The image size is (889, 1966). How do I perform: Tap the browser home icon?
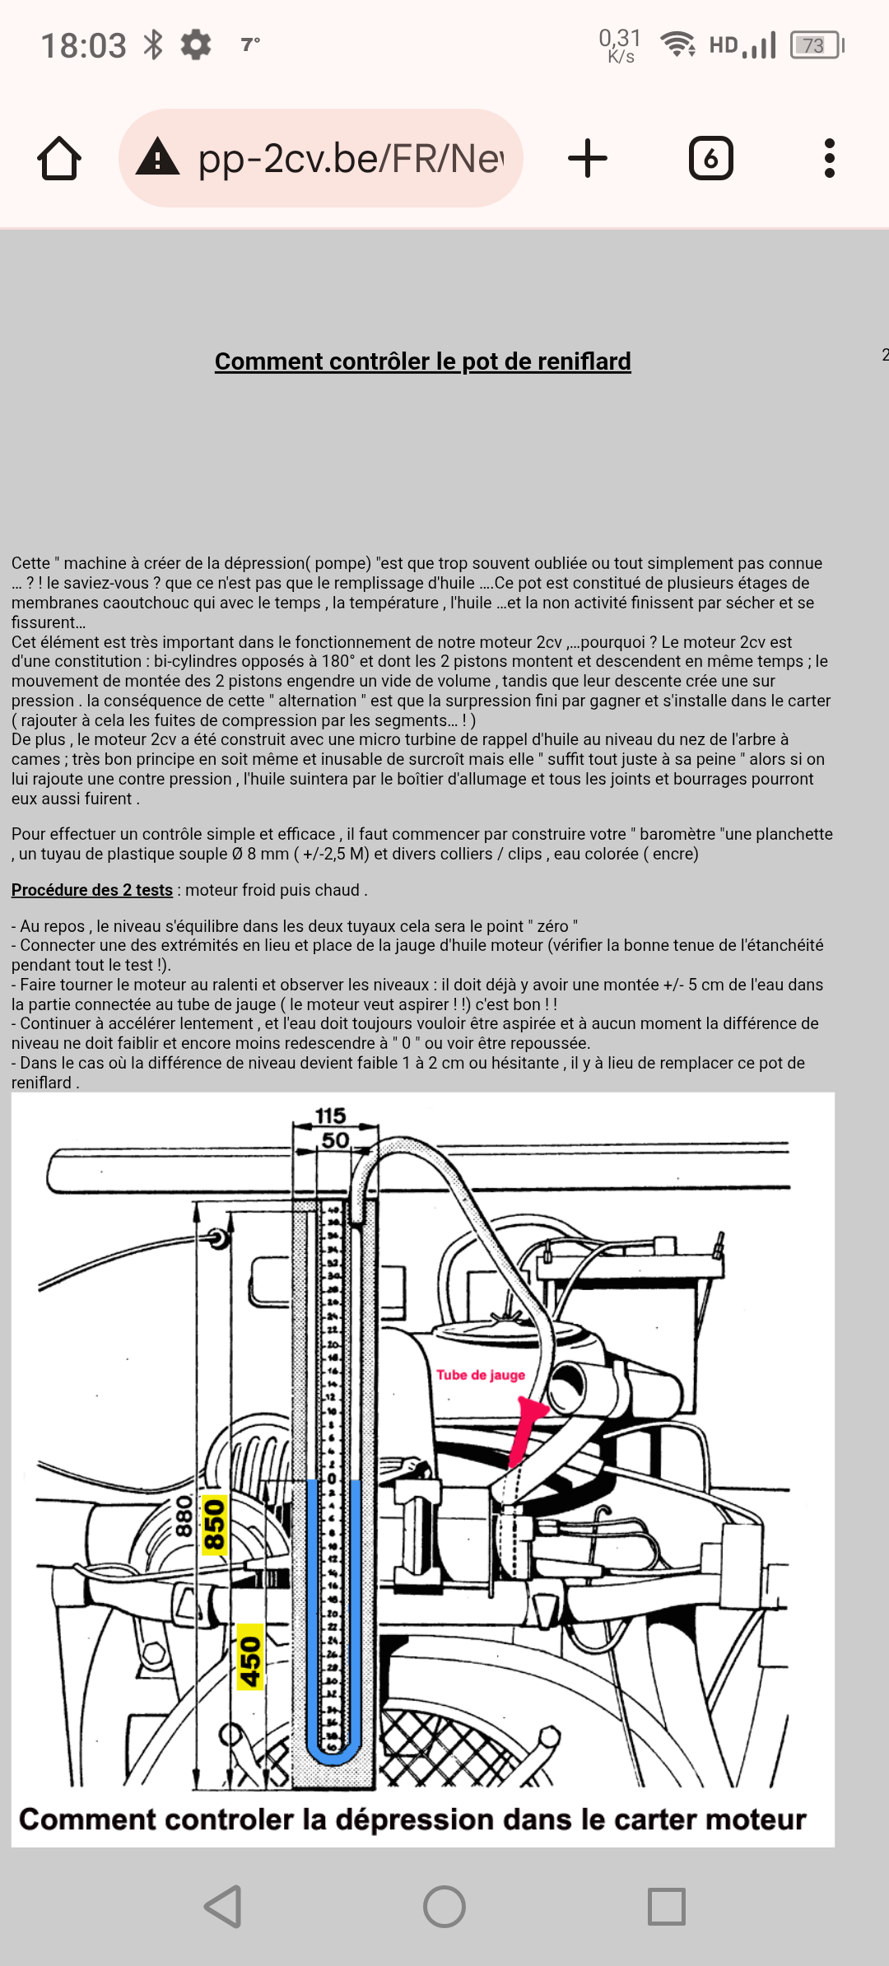(59, 158)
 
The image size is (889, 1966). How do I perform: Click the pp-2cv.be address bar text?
(350, 158)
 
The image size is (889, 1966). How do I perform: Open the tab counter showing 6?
(710, 158)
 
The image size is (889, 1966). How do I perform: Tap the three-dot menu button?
(829, 158)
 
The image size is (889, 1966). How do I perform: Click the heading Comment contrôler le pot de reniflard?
(422, 361)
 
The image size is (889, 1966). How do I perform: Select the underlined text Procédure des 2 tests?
(92, 890)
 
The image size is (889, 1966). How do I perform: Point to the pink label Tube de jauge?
(481, 1375)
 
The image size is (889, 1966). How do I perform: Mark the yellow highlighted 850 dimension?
(214, 1526)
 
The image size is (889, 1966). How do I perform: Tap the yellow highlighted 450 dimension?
(250, 1656)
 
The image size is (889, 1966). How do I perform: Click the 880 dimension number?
(184, 1516)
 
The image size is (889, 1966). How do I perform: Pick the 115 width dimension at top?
(330, 1116)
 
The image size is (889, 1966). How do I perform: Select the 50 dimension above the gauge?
(335, 1140)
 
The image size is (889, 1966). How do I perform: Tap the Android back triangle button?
(223, 1907)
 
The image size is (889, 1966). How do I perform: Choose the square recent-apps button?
(666, 1907)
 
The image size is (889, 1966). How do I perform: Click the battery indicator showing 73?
(815, 45)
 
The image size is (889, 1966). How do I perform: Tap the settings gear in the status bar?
(196, 44)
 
